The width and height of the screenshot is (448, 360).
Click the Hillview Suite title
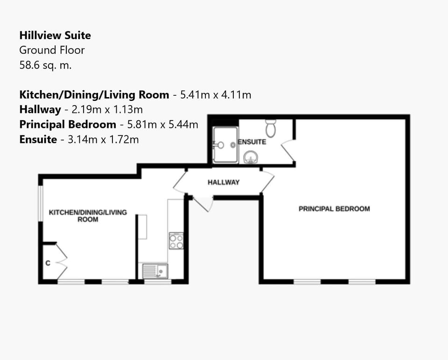click(x=55, y=35)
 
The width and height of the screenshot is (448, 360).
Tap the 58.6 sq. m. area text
click(x=45, y=65)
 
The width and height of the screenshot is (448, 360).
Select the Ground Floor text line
click(x=52, y=50)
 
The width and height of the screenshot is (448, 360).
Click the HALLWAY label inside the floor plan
click(x=224, y=182)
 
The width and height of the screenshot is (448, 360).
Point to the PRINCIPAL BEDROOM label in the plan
click(x=334, y=209)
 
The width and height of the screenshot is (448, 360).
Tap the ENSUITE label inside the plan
click(x=252, y=141)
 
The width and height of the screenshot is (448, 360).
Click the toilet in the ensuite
click(x=271, y=127)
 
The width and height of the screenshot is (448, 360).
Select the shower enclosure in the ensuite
click(x=225, y=144)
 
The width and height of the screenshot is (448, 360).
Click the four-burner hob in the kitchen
click(x=176, y=240)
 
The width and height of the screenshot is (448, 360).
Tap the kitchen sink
click(x=155, y=271)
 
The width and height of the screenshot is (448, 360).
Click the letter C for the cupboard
click(x=48, y=263)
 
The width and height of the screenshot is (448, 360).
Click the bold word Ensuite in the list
click(x=38, y=139)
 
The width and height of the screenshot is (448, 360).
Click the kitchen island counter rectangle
click(x=142, y=227)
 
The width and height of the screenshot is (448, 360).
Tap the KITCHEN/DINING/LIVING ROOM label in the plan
click(x=88, y=215)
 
